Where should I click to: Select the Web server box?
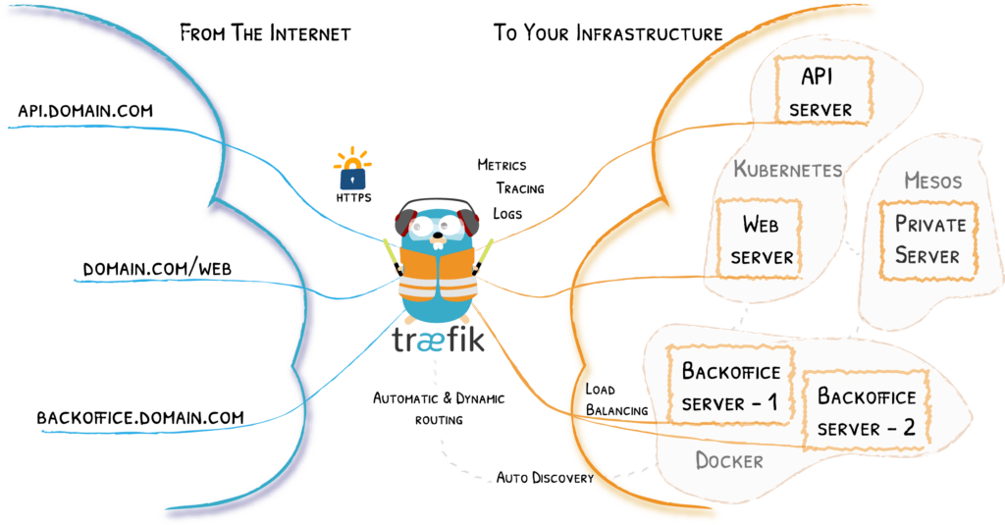[761, 240]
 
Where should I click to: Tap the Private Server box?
[929, 239]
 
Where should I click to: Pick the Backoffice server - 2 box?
[867, 412]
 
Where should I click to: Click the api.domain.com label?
[85, 111]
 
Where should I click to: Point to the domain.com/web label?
[157, 268]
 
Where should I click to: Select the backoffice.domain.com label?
[140, 417]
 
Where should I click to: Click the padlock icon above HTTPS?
[351, 175]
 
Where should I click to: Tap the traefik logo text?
[437, 341]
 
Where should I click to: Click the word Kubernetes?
[787, 170]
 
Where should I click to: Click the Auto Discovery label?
[545, 478]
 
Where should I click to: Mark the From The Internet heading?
[265, 33]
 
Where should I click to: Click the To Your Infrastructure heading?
[608, 33]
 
